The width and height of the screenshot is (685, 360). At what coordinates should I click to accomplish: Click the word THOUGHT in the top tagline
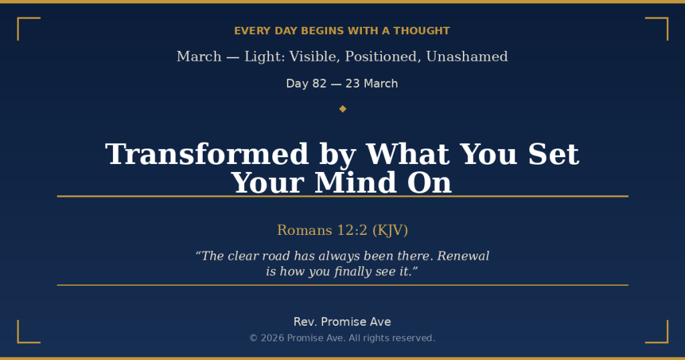[x=421, y=31]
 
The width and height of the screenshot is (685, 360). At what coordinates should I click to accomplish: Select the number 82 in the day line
[x=319, y=84]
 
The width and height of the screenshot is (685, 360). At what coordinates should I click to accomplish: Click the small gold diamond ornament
[x=342, y=108]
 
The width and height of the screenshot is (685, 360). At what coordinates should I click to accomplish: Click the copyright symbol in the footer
[x=254, y=339]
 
